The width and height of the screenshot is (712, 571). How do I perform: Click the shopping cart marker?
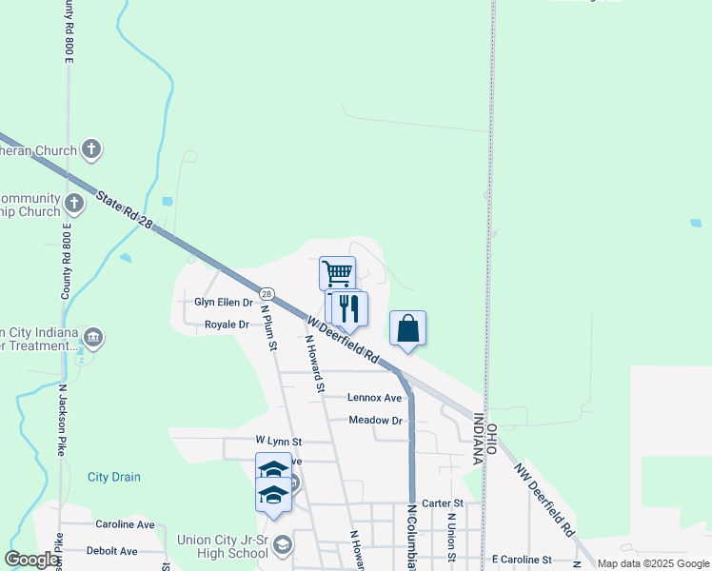click(337, 273)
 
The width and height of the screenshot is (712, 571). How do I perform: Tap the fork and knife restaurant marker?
click(349, 307)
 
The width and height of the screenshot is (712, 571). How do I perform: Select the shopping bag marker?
click(407, 328)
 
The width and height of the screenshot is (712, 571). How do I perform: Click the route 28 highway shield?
click(267, 294)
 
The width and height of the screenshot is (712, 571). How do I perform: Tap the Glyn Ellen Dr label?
click(224, 302)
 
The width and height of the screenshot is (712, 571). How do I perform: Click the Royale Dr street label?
click(227, 325)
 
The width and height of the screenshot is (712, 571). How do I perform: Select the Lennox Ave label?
click(374, 397)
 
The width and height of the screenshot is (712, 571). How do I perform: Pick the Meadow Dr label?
click(375, 420)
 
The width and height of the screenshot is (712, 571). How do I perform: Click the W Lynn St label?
click(278, 442)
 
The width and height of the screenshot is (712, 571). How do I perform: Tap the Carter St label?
click(442, 502)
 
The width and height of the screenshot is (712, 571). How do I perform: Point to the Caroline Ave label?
click(125, 524)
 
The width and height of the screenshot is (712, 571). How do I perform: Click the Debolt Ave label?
click(112, 551)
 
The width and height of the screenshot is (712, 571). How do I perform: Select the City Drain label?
click(114, 477)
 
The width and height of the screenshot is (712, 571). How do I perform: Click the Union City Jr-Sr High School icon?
click(282, 545)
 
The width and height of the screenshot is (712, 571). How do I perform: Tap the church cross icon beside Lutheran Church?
click(91, 149)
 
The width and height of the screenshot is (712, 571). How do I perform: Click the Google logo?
click(33, 560)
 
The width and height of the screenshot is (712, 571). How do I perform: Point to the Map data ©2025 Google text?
click(652, 563)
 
